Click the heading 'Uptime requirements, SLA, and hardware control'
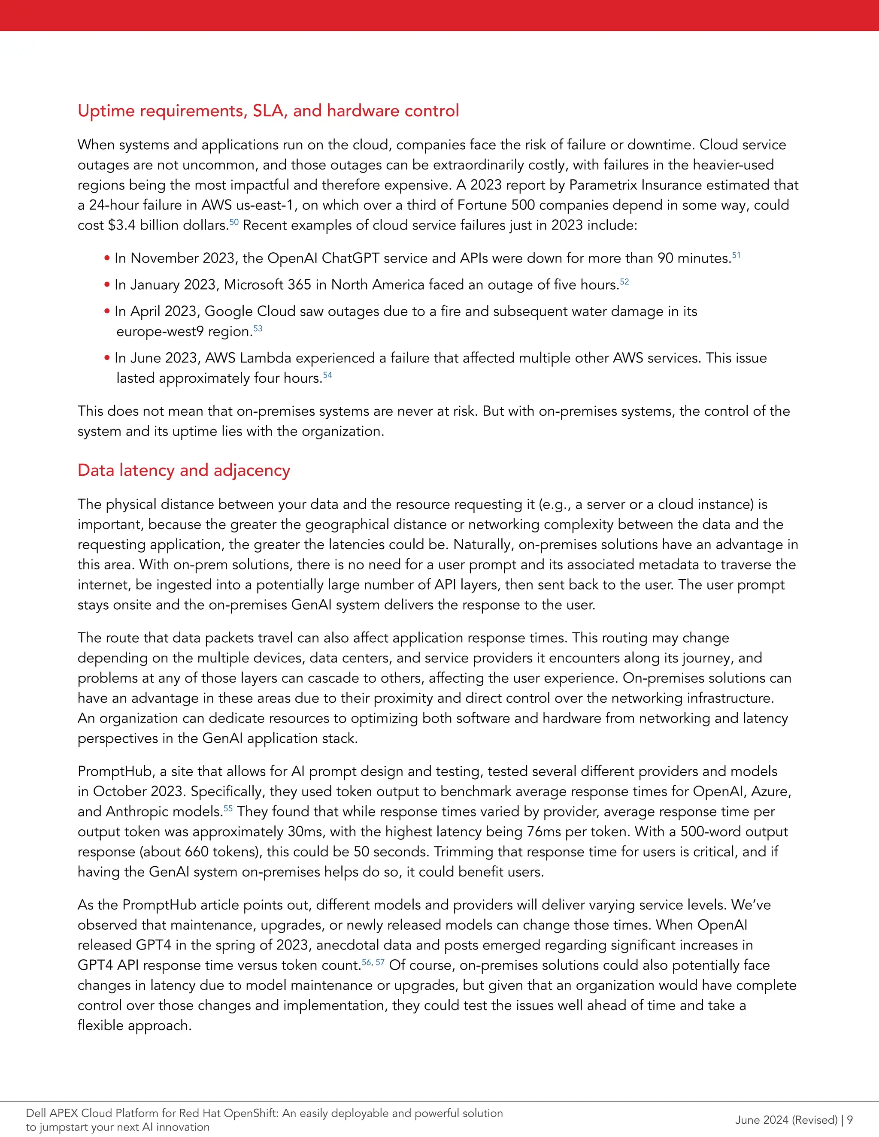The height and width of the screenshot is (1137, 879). click(x=268, y=110)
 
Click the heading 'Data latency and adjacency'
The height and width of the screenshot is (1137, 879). click(x=183, y=470)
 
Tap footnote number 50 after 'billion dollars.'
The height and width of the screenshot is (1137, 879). click(x=234, y=222)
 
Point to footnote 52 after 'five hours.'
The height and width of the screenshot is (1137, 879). click(x=624, y=281)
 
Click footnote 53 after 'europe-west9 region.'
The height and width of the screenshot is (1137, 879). click(x=258, y=329)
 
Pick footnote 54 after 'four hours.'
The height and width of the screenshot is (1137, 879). click(x=327, y=375)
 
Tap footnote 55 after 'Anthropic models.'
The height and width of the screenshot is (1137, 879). click(x=228, y=808)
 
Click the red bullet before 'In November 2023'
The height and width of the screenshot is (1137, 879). click(x=107, y=258)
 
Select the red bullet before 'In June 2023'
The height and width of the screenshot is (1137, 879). click(x=107, y=358)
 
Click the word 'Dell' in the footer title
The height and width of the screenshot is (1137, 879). click(x=36, y=1113)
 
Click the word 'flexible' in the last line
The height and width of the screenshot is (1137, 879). click(x=100, y=1025)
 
